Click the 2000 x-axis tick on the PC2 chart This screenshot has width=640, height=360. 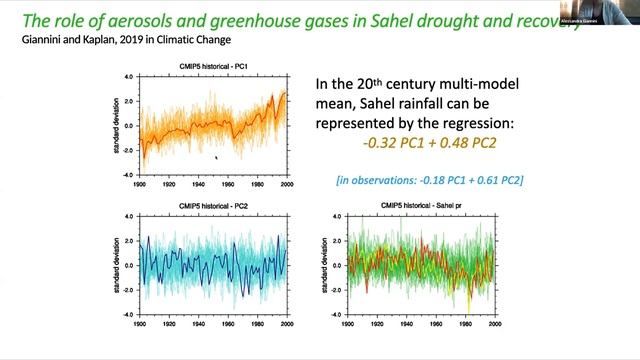288,323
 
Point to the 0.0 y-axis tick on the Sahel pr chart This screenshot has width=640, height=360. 338,265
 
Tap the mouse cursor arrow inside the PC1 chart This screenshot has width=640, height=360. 216,156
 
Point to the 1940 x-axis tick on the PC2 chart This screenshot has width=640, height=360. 199,323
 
